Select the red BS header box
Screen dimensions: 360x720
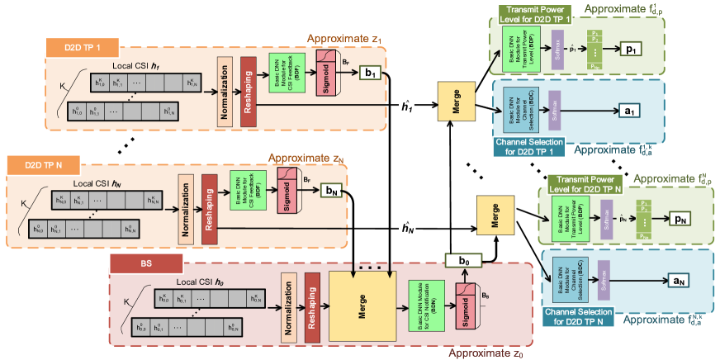(146, 264)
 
